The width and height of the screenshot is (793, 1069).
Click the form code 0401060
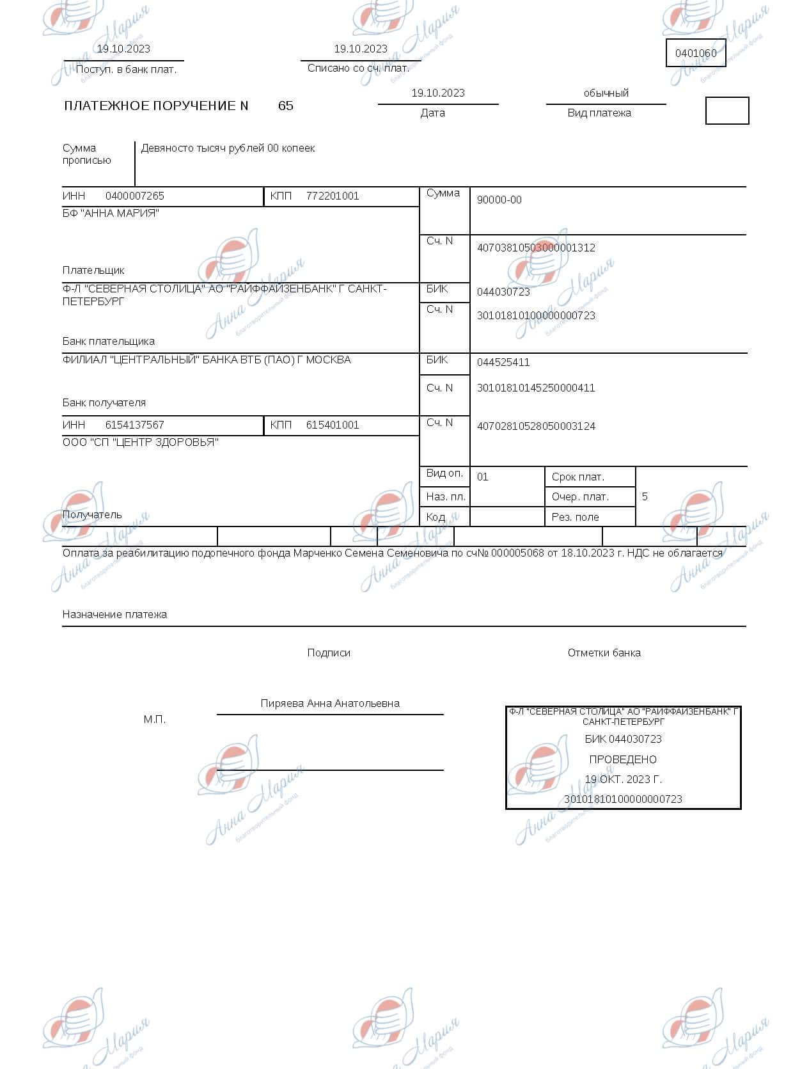coord(696,53)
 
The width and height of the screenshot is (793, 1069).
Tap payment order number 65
coord(285,106)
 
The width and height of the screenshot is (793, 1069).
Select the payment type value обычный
coord(606,93)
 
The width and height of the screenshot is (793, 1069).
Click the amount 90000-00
coord(499,200)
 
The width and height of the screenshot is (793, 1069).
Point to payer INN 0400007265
coord(134,196)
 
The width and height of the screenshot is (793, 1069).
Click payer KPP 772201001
coord(332,196)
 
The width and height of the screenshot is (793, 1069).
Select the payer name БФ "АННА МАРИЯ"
coord(111,213)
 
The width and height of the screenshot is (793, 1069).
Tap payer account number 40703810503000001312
coord(536,248)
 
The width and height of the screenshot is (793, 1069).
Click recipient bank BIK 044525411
coord(503,362)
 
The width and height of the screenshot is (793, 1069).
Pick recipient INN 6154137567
coord(134,425)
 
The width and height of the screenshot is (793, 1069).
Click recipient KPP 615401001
coord(332,425)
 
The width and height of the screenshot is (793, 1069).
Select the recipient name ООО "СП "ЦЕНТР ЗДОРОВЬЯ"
coord(140,442)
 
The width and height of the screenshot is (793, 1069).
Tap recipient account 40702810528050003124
coord(536,426)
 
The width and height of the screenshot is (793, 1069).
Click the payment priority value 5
coord(645,496)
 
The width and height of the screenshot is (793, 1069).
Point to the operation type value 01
coord(482,477)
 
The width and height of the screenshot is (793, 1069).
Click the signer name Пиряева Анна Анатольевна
coord(330,703)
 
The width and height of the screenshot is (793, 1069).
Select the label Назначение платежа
coord(114,614)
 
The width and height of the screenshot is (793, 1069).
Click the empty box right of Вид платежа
coord(726,111)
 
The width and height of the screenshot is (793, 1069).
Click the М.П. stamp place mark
coord(155,720)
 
